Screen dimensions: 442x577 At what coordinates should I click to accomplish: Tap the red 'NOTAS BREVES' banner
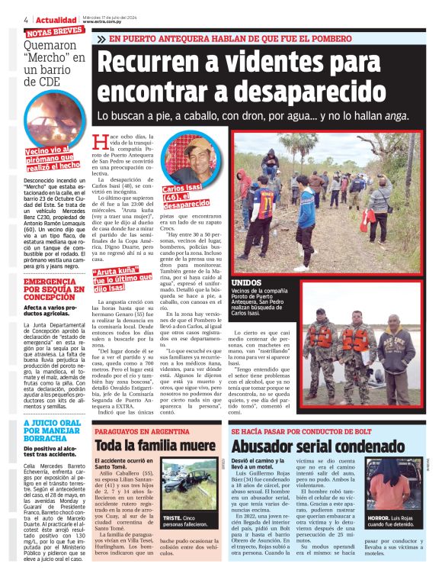click(54, 33)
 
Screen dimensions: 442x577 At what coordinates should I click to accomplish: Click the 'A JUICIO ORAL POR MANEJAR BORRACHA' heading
click(53, 432)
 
